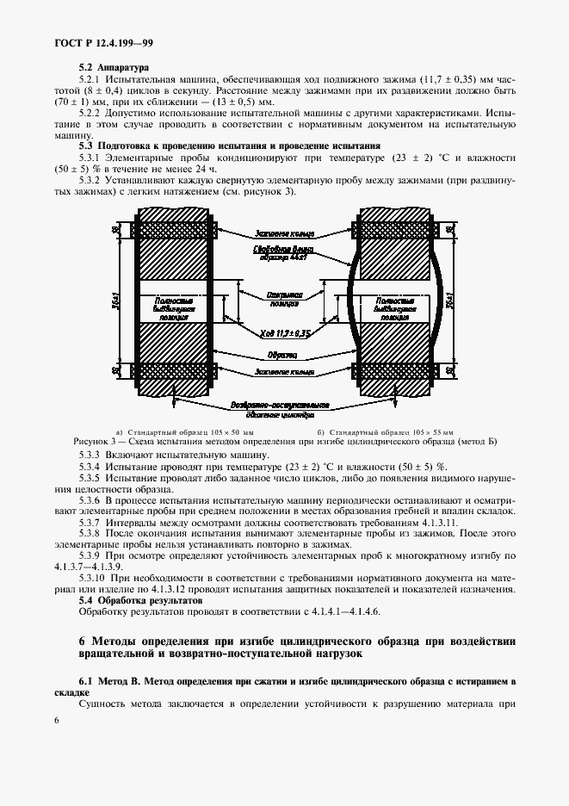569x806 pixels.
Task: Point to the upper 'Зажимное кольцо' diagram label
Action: [x=283, y=233]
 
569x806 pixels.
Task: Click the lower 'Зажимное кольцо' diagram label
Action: [x=282, y=372]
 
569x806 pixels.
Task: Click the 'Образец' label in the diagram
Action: [x=282, y=356]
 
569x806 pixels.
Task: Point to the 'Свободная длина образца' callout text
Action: [x=282, y=252]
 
